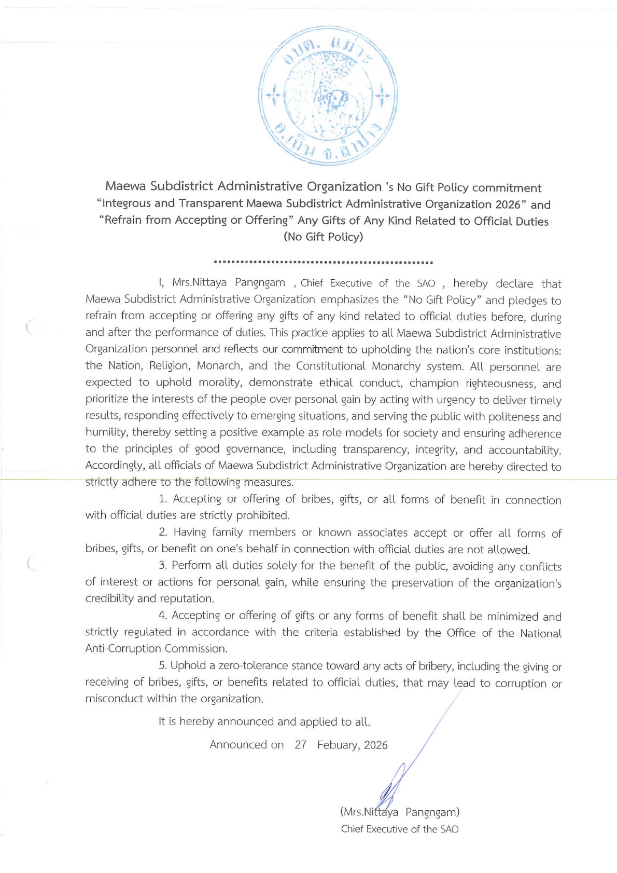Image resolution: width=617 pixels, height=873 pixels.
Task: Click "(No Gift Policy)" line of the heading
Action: pos(324,237)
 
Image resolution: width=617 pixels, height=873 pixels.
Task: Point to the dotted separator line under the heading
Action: pos(324,262)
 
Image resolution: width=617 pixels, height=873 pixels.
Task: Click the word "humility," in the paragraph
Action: pos(106,432)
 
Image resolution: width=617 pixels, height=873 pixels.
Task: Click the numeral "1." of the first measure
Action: pos(163,499)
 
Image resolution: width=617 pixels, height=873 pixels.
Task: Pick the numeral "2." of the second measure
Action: pos(163,532)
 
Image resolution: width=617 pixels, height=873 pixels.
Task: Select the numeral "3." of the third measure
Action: pos(163,565)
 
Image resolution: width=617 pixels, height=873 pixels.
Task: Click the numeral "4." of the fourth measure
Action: pos(163,616)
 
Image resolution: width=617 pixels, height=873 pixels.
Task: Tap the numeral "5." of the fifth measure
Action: pos(163,665)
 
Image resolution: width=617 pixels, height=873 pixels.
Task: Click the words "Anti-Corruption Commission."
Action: pos(157,649)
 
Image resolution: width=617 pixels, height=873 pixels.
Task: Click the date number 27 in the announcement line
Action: pos(300,745)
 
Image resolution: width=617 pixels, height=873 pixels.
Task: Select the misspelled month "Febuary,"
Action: pos(339,745)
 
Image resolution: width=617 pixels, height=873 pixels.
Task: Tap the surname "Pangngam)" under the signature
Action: pos(432,812)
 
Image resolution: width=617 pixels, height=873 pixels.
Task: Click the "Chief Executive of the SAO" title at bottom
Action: pos(400,829)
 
